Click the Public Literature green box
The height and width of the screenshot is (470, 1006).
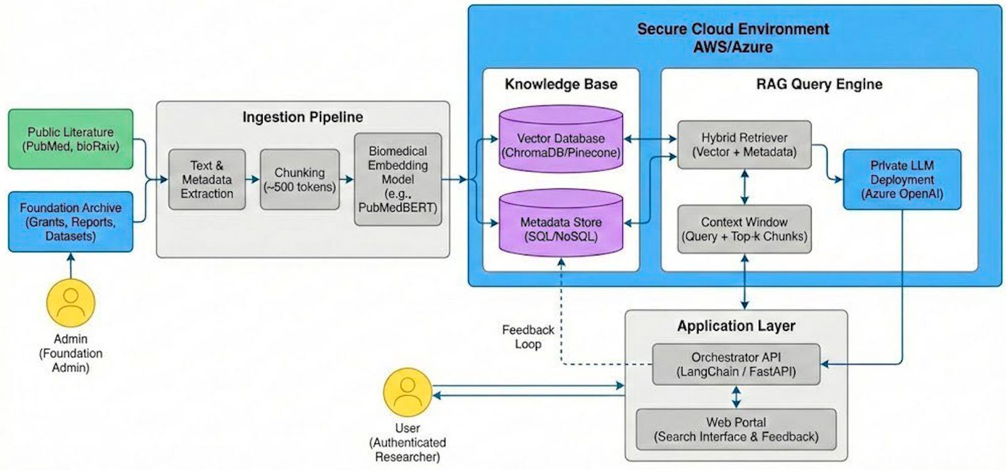pos(70,139)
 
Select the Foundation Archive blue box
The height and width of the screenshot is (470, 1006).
pos(70,221)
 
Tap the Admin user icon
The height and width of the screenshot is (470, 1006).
pos(70,303)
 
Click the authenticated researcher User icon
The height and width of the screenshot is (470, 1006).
pos(407,392)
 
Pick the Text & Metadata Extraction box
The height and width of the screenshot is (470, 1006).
pos(207,179)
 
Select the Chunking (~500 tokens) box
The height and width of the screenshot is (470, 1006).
pos(300,179)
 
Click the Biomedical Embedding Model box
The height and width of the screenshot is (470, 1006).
pos(397,179)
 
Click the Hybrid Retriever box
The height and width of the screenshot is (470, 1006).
pos(744,145)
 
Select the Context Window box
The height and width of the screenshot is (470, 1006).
pos(744,229)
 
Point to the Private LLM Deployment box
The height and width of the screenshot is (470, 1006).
pos(902,179)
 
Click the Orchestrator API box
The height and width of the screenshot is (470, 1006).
pos(736,364)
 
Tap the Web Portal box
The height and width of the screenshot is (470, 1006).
pos(736,429)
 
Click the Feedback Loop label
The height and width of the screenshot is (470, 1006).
pos(528,337)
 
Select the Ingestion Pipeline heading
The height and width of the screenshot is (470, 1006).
pos(302,117)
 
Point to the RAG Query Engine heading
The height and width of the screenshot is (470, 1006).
pos(819,84)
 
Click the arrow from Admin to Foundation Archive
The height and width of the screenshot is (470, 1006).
pos(70,266)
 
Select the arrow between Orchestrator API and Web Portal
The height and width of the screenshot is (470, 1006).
pos(736,397)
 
